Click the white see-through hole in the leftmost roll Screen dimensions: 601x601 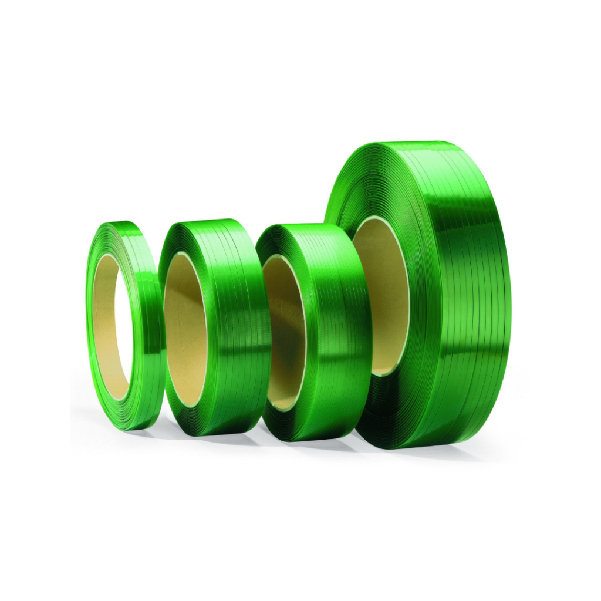point(124,329)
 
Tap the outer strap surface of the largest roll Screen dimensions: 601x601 point(470,293)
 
